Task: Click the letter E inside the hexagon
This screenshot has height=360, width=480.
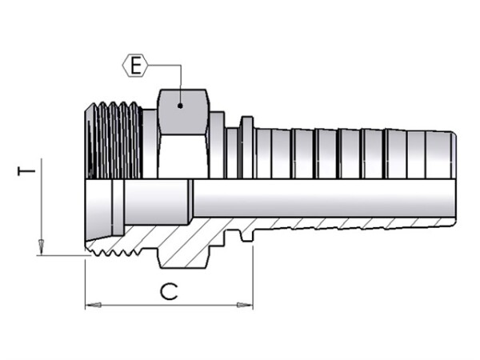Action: (x=136, y=66)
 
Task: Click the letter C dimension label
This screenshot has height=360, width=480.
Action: (x=169, y=291)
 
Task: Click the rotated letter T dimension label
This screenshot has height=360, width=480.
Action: (x=26, y=171)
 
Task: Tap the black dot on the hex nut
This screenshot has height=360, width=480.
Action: (x=180, y=106)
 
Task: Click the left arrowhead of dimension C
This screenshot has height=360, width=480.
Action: (x=93, y=305)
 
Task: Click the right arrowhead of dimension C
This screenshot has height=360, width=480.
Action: (x=245, y=305)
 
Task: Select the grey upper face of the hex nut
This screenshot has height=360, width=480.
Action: (x=182, y=112)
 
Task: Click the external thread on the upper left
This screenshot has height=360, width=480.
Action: (x=114, y=140)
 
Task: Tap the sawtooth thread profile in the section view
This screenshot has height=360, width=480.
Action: (x=114, y=252)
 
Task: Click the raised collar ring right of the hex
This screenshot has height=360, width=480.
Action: (x=247, y=147)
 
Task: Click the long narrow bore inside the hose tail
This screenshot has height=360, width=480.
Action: (x=323, y=198)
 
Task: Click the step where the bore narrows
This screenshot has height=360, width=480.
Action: (x=191, y=202)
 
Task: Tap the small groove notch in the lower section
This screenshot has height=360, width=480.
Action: (x=246, y=238)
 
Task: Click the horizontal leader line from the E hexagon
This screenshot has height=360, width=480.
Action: (x=164, y=65)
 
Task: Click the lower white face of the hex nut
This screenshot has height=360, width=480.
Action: (x=182, y=156)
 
